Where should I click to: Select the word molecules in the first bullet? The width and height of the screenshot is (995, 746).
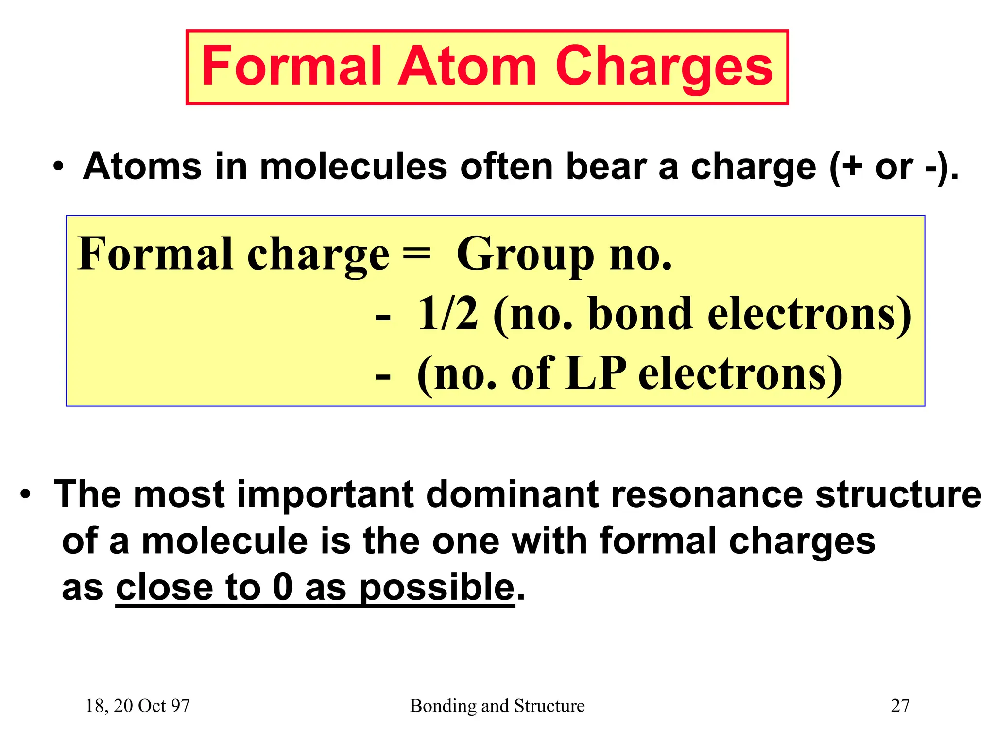click(353, 167)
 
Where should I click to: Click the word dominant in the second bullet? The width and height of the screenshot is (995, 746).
click(511, 494)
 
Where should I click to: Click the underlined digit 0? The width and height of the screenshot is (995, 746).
click(283, 587)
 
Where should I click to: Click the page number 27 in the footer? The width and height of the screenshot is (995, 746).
click(900, 706)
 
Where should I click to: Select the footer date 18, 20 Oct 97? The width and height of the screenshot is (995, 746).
click(137, 706)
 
